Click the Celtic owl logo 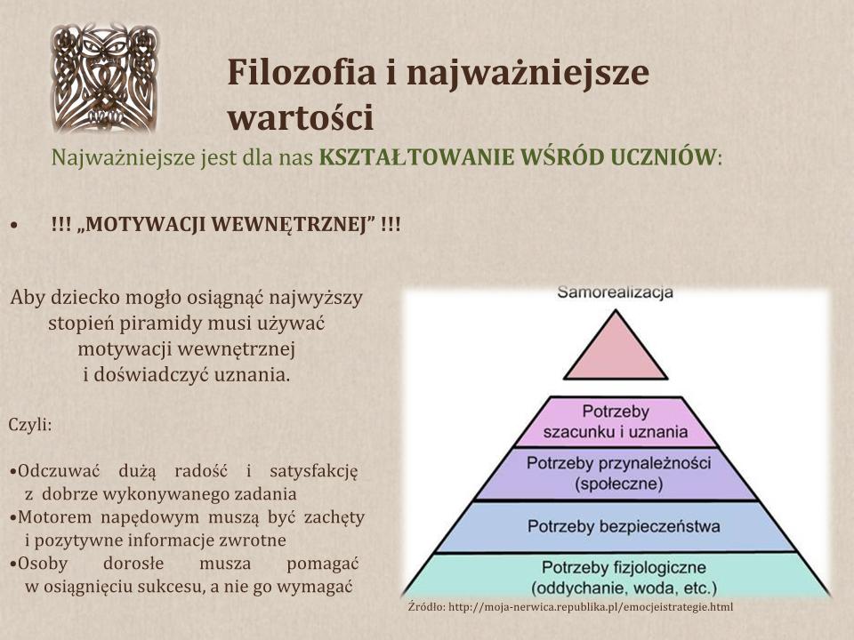click(105, 78)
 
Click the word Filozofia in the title click(302, 72)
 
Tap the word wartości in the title click(300, 117)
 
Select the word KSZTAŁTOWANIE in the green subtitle click(416, 157)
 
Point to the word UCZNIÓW click(661, 157)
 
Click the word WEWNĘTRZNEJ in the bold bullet click(280, 224)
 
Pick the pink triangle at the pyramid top click(616, 345)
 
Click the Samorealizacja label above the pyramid click(615, 292)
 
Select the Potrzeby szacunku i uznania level click(616, 421)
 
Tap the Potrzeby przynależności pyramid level click(617, 474)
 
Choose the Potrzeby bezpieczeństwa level click(617, 527)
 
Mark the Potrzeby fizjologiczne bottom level click(617, 576)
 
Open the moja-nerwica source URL click(591, 607)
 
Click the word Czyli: click(30, 425)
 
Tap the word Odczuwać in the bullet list click(59, 471)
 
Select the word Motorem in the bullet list click(55, 516)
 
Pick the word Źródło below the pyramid click(425, 606)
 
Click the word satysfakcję click(314, 471)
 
